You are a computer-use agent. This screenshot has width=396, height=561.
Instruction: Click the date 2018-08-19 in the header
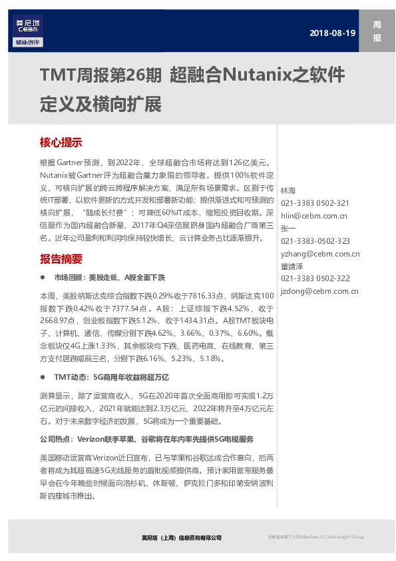pos(333,33)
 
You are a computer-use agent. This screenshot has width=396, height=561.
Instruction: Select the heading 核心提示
pos(61,142)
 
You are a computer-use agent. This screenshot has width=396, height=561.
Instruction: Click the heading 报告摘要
pos(61,259)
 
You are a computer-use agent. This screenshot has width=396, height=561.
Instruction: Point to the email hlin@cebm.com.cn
pos(314,215)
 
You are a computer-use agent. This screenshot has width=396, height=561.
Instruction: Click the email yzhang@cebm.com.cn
pos(320,253)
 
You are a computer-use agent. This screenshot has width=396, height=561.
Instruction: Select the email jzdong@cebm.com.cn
pos(319,290)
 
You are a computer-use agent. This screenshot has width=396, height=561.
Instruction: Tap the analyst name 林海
pos(288,191)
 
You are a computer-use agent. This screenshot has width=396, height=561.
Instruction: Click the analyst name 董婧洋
pos(293,266)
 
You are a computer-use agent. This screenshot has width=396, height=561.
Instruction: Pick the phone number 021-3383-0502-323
pos(315,241)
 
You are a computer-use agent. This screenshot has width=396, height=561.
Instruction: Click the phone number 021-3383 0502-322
pos(315,278)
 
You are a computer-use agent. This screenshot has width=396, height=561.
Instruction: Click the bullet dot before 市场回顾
pos(43,277)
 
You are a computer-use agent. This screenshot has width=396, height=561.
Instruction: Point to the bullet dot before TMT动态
pos(43,377)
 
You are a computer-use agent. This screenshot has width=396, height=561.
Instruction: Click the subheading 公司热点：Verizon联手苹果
pos(146,440)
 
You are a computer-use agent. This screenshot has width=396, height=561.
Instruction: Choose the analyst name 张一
pos(288,228)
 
